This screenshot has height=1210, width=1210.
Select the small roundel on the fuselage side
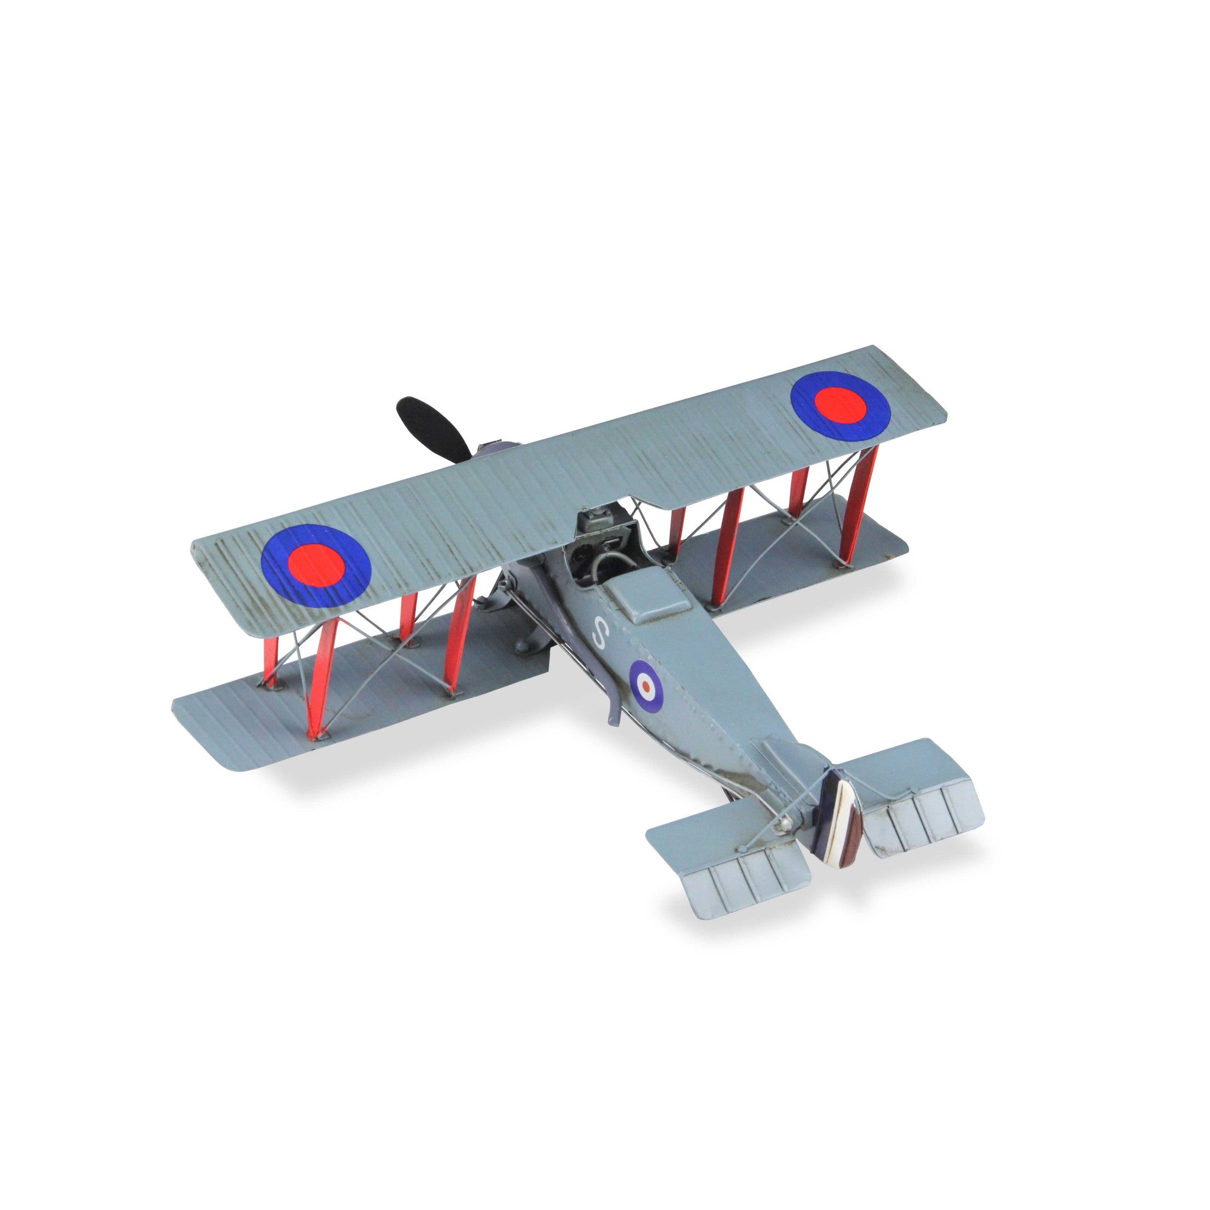click(645, 685)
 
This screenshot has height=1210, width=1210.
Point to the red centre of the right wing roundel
click(841, 405)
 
